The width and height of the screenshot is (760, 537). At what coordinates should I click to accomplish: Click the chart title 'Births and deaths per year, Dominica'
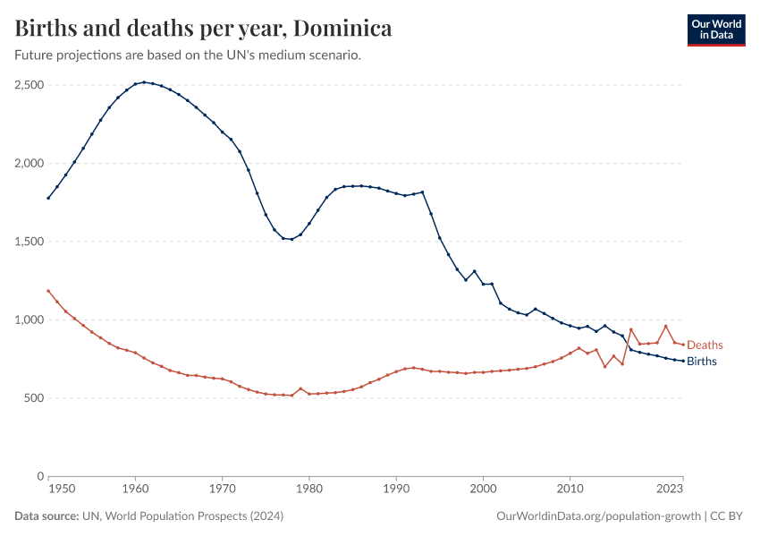click(x=204, y=29)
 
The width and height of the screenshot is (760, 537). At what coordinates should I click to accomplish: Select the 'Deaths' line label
click(x=705, y=345)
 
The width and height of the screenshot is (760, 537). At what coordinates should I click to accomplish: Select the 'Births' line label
click(x=701, y=362)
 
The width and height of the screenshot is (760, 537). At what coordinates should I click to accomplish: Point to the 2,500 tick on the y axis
click(x=30, y=85)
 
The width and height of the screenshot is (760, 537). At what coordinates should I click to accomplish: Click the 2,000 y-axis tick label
click(x=30, y=164)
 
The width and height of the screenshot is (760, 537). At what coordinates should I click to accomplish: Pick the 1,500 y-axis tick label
click(x=30, y=242)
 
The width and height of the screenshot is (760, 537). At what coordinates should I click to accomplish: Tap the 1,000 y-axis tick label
click(x=30, y=320)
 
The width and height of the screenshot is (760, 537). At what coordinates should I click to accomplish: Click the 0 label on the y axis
click(x=41, y=476)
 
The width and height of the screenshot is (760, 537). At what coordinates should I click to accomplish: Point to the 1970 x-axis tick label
click(x=222, y=489)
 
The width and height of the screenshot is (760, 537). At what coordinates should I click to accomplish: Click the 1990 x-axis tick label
click(x=396, y=489)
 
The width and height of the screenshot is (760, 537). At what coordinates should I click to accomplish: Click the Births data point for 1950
click(x=48, y=198)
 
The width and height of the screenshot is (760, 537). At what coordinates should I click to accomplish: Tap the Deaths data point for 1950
click(x=48, y=291)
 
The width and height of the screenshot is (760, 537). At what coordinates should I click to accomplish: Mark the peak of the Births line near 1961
click(x=144, y=82)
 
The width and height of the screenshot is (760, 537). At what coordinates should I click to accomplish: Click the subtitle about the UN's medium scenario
click(x=188, y=55)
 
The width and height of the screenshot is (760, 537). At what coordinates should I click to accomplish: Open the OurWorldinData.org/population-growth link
click(x=598, y=516)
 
